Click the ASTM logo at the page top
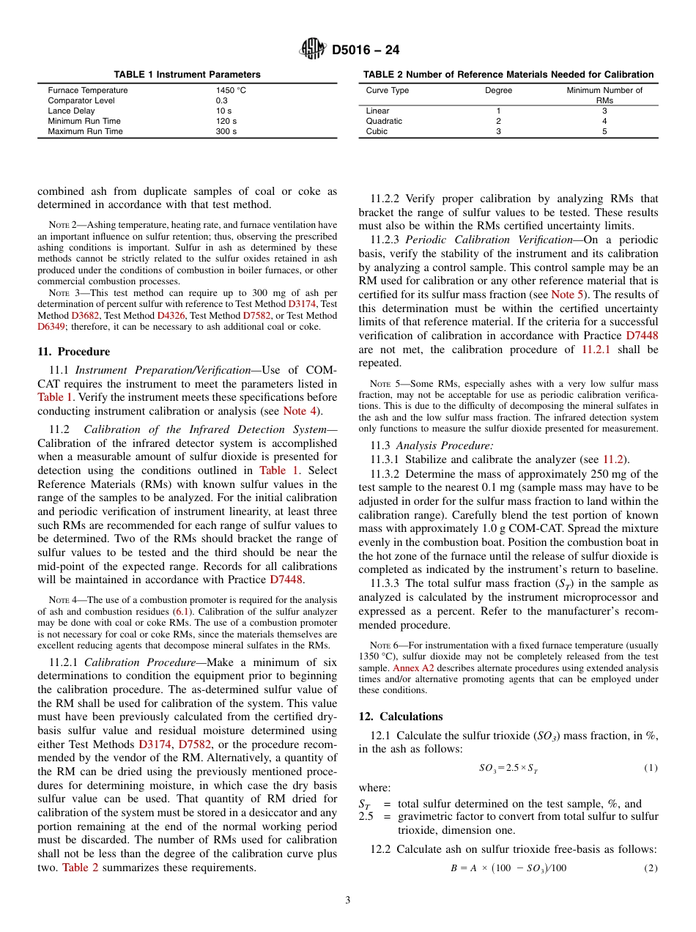314,50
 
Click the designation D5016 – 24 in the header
366,51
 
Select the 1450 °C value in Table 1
231,90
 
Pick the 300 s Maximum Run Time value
226,131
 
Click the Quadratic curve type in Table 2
384,121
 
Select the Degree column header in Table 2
498,90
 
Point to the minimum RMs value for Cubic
604,131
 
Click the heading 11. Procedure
73,352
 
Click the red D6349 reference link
52,327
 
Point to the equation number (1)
651,767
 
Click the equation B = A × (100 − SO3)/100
508,868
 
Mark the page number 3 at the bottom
347,900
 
